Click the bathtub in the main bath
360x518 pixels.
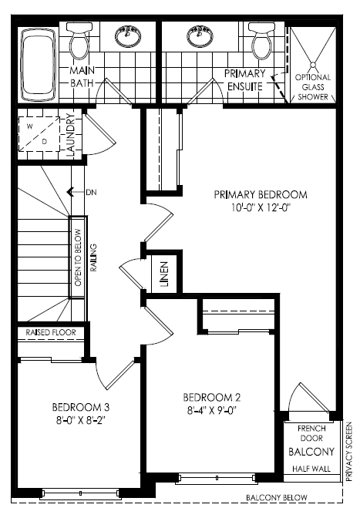point(39,65)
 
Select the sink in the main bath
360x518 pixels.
point(128,35)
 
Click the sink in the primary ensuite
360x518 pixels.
point(200,35)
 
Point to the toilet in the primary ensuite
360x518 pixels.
point(262,41)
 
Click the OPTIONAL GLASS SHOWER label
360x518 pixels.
point(313,87)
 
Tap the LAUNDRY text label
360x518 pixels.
point(72,135)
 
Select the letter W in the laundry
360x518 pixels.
point(30,126)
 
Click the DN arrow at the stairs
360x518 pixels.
point(76,192)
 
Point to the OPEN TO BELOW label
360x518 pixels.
point(79,257)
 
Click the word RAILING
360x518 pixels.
point(94,257)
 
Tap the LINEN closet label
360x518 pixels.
point(164,274)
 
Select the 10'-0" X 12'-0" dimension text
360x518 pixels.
point(261,207)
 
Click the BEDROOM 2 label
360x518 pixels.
point(212,397)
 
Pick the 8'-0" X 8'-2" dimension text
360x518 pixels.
point(81,421)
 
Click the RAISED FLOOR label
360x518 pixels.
point(51,332)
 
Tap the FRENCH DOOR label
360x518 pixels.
point(311,433)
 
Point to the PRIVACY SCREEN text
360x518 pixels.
point(348,451)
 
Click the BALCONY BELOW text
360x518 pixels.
point(277,497)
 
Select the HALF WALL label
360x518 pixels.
point(311,469)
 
